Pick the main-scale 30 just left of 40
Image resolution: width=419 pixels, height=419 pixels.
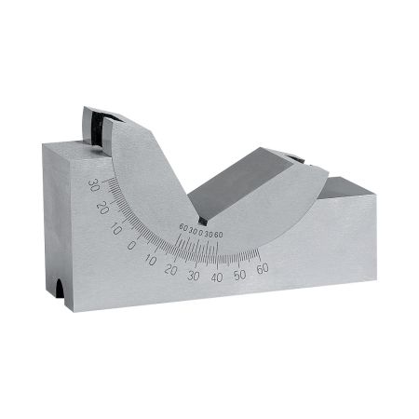(193, 277)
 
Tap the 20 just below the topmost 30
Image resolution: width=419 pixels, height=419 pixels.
(101, 204)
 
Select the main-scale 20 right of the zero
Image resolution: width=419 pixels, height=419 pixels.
(170, 270)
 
